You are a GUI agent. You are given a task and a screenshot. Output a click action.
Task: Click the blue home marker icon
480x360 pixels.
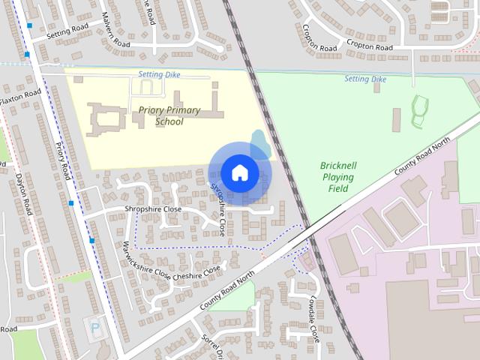click(x=239, y=172)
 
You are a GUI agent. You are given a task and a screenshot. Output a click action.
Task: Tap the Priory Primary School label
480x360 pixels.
click(x=169, y=115)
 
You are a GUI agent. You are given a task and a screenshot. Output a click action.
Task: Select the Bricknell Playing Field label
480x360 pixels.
click(x=337, y=176)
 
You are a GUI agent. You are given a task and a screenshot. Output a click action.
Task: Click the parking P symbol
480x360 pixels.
click(x=94, y=327)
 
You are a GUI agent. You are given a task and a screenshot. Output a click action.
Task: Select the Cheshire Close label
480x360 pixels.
click(x=196, y=272)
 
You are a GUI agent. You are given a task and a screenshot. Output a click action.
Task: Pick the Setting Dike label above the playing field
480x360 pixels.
click(x=365, y=79)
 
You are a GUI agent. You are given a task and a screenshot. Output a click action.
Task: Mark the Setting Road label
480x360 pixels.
click(x=67, y=30)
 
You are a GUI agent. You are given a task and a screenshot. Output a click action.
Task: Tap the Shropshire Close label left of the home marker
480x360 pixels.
click(x=153, y=209)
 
